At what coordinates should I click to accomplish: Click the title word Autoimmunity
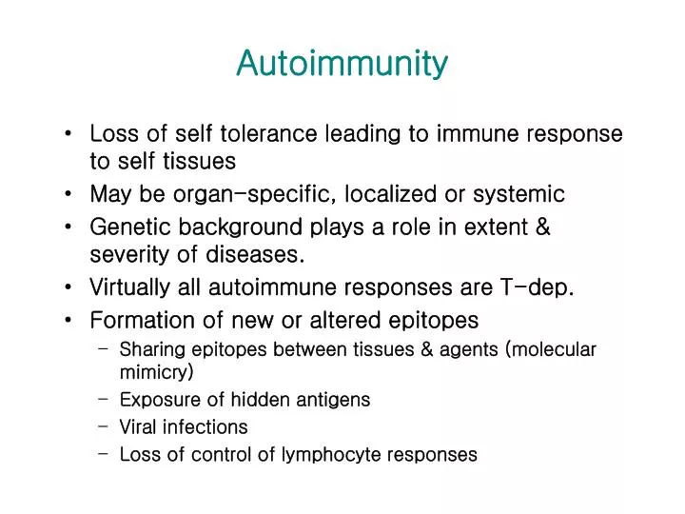pos(342,64)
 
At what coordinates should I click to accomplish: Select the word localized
pos(389,195)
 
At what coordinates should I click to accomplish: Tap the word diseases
pos(258,255)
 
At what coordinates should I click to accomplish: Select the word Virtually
pos(129,287)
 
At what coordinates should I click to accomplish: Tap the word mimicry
pos(157,372)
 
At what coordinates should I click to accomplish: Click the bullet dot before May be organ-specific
pos(72,195)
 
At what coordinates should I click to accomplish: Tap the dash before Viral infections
pos(103,427)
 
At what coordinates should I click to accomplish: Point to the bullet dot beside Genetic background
pos(72,227)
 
